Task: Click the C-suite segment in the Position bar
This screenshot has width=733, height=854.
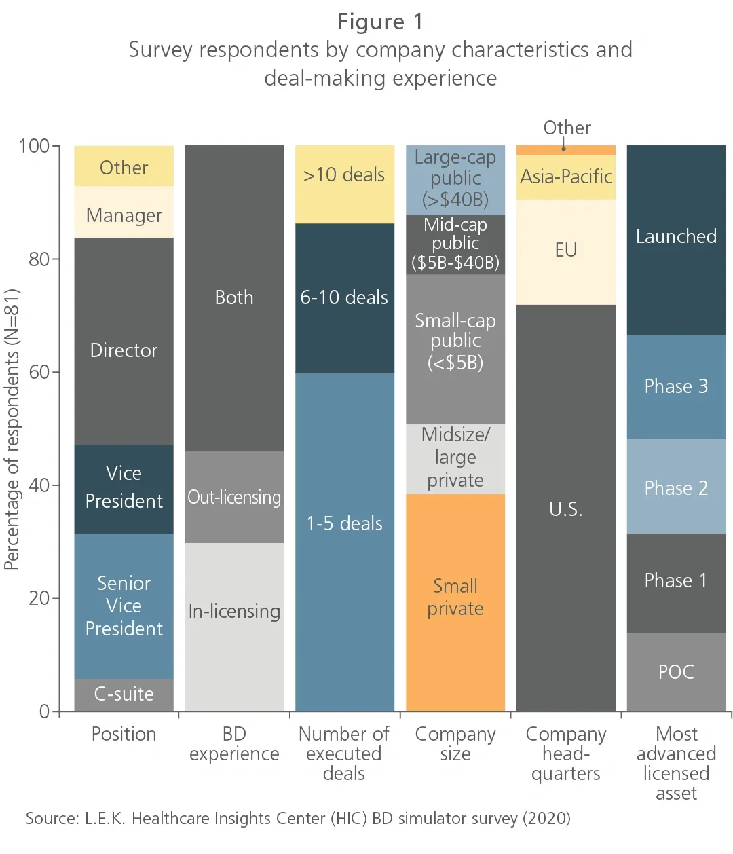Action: click(x=124, y=694)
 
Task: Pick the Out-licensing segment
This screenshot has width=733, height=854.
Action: click(x=234, y=497)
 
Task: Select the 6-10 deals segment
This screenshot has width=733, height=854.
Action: click(x=345, y=297)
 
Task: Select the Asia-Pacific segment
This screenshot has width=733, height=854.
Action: click(x=566, y=177)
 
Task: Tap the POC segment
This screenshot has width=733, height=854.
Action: click(x=676, y=671)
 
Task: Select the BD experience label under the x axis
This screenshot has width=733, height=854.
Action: click(x=234, y=744)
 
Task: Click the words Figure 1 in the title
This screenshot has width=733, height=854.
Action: click(x=380, y=22)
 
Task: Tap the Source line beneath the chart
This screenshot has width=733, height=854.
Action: click(x=298, y=818)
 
